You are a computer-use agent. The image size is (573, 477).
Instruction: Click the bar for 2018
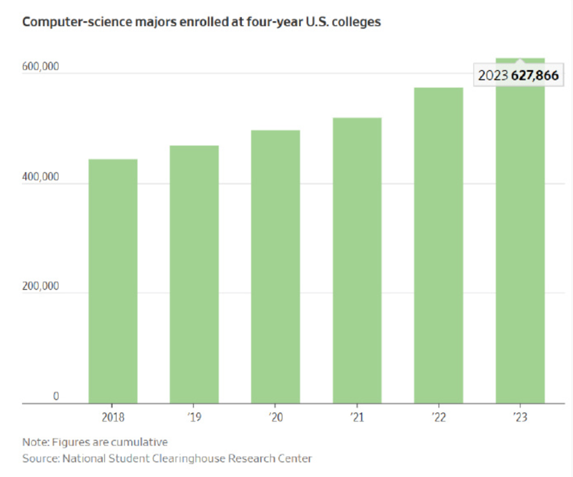point(113,281)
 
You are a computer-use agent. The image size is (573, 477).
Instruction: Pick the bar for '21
point(357,260)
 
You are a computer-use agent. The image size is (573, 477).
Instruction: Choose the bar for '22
point(438,245)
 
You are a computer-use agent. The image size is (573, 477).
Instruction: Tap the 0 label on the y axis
point(56,396)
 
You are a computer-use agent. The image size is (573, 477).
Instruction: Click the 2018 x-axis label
point(113,418)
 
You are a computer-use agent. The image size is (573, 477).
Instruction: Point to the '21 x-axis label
point(357,418)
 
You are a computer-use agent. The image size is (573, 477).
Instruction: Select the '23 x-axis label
point(520,418)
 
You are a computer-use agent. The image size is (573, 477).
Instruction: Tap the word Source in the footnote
point(38,458)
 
